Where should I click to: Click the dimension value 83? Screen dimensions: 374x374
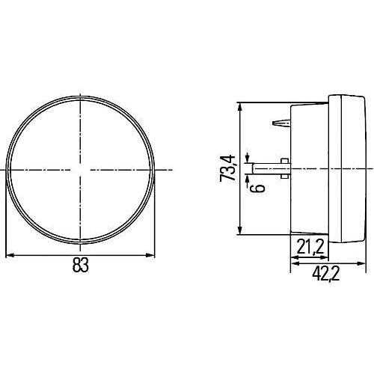tap(81, 266)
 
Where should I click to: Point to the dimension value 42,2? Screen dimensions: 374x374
tap(325, 275)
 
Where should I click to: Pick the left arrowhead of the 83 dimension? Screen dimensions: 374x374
tap(10, 255)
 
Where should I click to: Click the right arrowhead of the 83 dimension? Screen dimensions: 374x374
tap(150, 255)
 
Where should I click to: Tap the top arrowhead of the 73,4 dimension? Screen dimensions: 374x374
tap(239, 106)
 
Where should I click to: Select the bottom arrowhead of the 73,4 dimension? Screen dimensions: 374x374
tap(239, 230)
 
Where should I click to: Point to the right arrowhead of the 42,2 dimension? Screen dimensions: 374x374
tap(361, 263)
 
